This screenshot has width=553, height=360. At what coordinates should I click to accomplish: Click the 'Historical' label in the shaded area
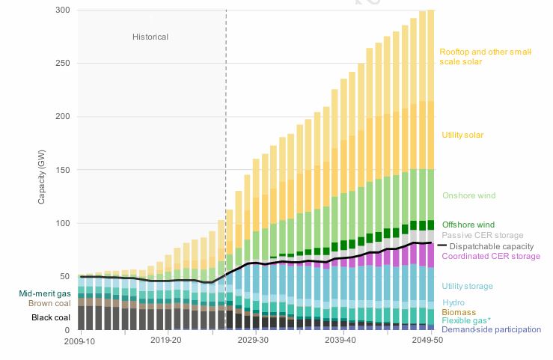tap(150, 37)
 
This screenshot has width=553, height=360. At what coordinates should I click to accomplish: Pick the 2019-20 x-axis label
tap(166, 340)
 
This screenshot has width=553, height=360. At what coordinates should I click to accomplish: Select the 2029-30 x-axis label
tap(253, 340)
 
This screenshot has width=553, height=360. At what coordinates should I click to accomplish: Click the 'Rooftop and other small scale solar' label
tap(485, 57)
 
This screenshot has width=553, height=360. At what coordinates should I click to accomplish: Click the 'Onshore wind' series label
tap(469, 195)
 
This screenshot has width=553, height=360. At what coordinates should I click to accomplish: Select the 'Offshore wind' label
tap(468, 225)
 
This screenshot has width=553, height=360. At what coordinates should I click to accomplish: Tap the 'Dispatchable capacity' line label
tap(492, 246)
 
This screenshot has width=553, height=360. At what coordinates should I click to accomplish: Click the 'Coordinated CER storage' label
tap(491, 257)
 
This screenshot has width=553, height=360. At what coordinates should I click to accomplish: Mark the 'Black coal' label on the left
tap(51, 317)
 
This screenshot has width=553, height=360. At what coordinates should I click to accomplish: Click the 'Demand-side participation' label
tap(492, 329)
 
